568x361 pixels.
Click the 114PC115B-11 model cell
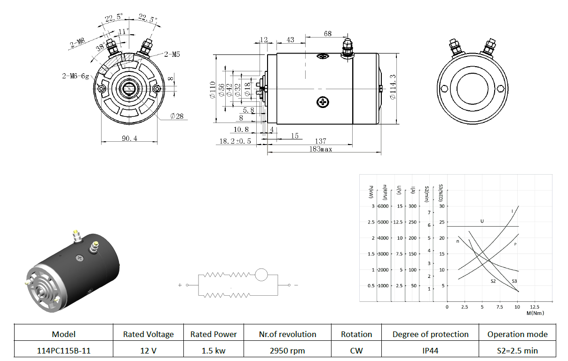click(63, 351)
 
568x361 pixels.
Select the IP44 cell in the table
click(430, 351)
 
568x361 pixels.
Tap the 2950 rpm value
click(287, 351)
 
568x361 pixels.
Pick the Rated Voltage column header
click(148, 334)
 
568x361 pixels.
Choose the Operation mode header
click(517, 334)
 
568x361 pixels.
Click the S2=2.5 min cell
click(517, 351)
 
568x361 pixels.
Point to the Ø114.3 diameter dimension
click(393, 87)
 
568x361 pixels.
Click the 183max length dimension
click(321, 149)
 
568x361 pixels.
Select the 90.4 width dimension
click(129, 138)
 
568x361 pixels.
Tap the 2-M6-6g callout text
click(76, 76)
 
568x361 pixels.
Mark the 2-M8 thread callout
click(77, 43)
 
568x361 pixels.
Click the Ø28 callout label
click(177, 116)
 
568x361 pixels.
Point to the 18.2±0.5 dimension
click(235, 141)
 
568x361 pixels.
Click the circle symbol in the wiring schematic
click(261, 275)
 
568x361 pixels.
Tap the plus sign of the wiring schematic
click(180, 285)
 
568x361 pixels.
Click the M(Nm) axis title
click(535, 313)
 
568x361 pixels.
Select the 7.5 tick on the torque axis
click(499, 307)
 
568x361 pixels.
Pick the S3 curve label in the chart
click(514, 281)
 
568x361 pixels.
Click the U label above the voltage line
click(482, 221)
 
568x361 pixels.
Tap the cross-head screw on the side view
click(323, 102)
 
